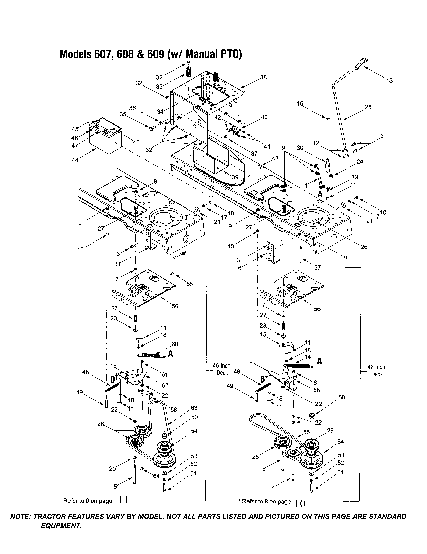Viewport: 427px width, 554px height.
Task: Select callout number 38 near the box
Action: tap(263, 77)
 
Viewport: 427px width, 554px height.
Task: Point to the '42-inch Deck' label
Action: tap(377, 371)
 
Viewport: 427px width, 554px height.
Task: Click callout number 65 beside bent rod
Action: tap(189, 284)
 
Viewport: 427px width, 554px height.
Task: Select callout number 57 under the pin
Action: tap(317, 268)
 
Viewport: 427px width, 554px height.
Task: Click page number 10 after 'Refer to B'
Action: tap(300, 503)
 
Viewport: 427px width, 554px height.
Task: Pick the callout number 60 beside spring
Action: tap(175, 344)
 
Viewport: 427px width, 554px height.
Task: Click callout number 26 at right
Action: tap(364, 247)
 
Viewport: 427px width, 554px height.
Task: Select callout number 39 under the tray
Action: tap(235, 177)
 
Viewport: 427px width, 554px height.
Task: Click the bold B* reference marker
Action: tap(264, 379)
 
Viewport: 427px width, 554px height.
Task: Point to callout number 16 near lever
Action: tap(300, 104)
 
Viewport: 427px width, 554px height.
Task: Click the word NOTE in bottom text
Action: tap(20, 517)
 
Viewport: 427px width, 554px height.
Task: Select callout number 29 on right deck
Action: tap(330, 430)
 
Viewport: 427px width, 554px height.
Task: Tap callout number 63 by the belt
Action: tap(194, 408)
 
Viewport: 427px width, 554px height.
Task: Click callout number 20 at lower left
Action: tap(112, 469)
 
